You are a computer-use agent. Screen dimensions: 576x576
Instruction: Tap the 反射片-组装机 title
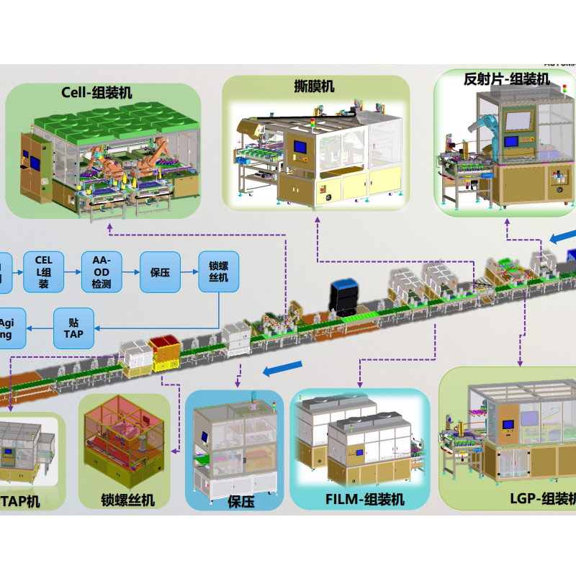[507, 79]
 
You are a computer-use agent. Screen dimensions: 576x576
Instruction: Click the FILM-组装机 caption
[365, 499]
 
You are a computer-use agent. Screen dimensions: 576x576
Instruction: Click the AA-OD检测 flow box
[102, 271]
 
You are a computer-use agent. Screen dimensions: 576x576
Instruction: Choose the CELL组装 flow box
[43, 271]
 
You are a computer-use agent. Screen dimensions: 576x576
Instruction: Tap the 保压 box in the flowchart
[160, 272]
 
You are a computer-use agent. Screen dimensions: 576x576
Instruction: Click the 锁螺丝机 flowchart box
[218, 272]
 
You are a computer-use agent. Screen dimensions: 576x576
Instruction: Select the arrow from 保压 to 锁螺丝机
[189, 272]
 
